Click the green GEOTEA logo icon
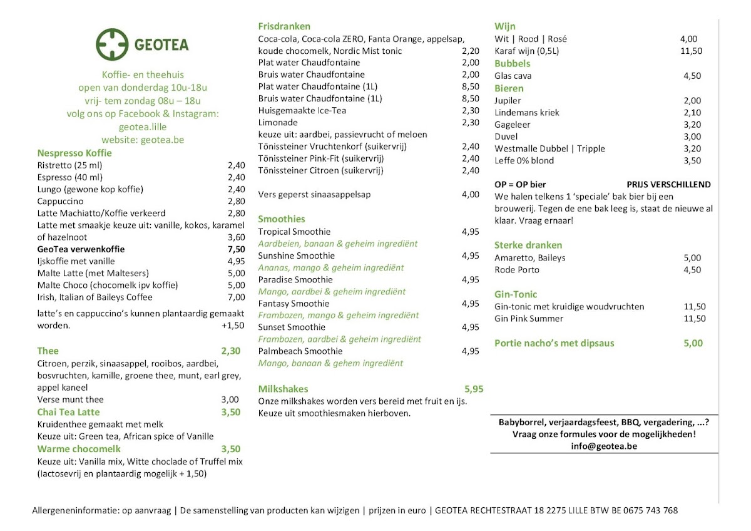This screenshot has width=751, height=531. (x=112, y=44)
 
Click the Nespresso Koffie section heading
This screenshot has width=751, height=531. (x=74, y=153)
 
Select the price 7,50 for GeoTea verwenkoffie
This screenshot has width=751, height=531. (x=237, y=249)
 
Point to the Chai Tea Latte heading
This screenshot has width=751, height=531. (x=68, y=412)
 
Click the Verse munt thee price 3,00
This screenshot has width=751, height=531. (x=230, y=400)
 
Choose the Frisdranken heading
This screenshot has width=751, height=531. (x=284, y=26)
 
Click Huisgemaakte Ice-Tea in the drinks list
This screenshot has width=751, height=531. (x=302, y=110)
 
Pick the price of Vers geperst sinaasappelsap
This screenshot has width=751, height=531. (x=470, y=195)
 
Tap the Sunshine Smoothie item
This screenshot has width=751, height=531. (x=296, y=255)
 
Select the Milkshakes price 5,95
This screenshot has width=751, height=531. (x=474, y=389)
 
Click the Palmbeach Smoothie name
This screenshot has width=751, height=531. (x=300, y=351)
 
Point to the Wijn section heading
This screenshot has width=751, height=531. (x=504, y=26)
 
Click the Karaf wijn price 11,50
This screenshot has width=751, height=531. (x=691, y=51)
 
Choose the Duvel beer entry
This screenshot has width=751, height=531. (x=506, y=137)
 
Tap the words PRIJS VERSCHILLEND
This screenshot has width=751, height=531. (x=668, y=185)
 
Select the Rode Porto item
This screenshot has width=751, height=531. (x=516, y=270)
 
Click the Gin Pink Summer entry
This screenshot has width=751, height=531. (x=529, y=319)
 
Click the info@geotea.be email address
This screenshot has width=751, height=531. (x=603, y=446)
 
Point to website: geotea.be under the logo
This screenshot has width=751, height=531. (x=143, y=140)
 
